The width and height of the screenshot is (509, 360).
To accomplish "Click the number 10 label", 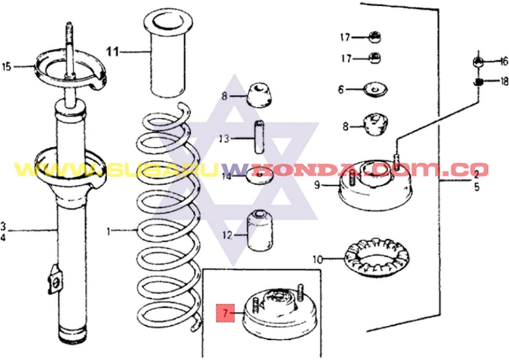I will coord(317,260).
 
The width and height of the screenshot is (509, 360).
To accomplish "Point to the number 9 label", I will coord(317,184).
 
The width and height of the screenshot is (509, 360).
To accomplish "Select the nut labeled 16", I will coord(477,62).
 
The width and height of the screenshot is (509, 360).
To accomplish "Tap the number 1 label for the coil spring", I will coord(109,231).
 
